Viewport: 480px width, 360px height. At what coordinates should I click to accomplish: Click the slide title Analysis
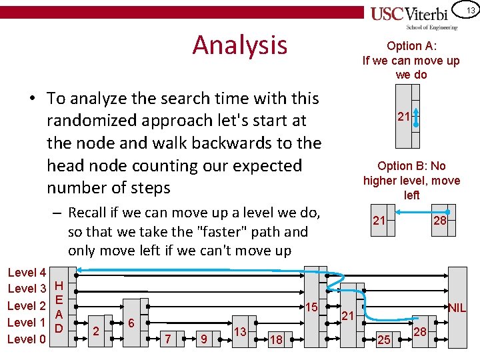tap(239, 45)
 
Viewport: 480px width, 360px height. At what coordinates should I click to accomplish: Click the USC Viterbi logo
tap(414, 16)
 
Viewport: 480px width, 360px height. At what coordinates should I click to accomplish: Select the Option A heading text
tap(411, 46)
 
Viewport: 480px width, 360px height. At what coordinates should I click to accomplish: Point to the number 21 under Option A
tap(403, 117)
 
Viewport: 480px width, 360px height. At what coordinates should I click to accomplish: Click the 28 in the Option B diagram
tap(440, 221)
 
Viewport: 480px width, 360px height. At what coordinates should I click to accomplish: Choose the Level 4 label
tap(26, 272)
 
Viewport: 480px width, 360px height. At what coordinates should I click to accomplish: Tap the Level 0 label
tap(26, 339)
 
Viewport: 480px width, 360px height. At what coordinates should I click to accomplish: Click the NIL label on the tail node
tap(457, 308)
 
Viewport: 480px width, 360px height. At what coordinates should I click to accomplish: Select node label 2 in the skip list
tap(96, 331)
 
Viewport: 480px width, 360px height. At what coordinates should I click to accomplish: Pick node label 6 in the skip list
tap(131, 323)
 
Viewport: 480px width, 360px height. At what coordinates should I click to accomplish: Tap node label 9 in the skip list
tap(204, 340)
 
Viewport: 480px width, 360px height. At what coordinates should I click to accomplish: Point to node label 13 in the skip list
tap(241, 331)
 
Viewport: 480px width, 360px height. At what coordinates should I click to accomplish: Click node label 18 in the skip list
tap(276, 340)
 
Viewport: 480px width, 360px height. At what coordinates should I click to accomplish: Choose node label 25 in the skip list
tap(383, 340)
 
